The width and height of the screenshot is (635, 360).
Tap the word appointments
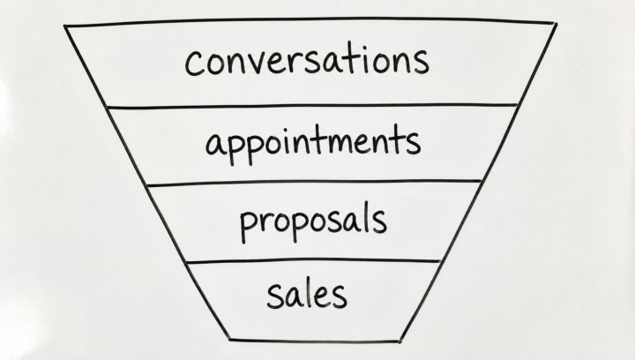click(x=313, y=144)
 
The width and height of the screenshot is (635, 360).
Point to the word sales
click(x=307, y=294)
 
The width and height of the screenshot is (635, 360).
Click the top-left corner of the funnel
click(x=64, y=26)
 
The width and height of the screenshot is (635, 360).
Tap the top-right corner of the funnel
click(x=557, y=25)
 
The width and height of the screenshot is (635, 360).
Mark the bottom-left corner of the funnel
click(x=229, y=340)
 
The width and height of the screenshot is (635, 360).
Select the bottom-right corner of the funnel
click(x=400, y=342)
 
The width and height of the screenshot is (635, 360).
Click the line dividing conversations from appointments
click(x=312, y=106)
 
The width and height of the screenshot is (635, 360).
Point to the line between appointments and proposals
click(x=314, y=183)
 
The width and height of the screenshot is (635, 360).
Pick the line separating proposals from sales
click(x=313, y=261)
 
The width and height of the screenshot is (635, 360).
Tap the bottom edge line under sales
click(x=314, y=341)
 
